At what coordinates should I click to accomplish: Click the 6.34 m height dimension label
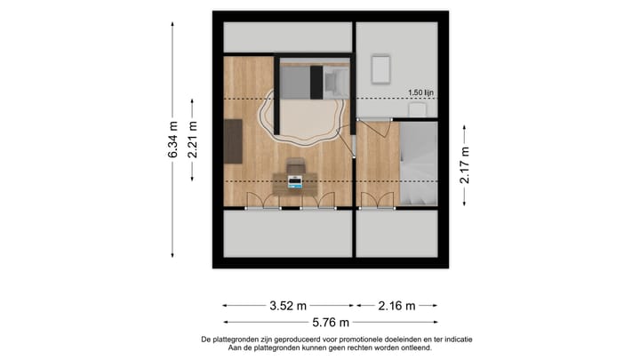pyautogui.click(x=173, y=140)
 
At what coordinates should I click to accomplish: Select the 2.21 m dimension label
pyautogui.click(x=193, y=140)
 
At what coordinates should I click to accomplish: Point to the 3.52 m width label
pyautogui.click(x=289, y=306)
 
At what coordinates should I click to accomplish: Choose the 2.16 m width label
pyautogui.click(x=396, y=306)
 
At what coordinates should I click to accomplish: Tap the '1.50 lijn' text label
pyautogui.click(x=421, y=92)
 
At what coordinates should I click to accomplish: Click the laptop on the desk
pyautogui.click(x=295, y=183)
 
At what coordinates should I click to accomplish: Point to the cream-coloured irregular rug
pyautogui.click(x=302, y=123)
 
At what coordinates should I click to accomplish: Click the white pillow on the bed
pyautogui.click(x=336, y=83)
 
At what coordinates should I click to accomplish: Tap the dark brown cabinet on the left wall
pyautogui.click(x=234, y=141)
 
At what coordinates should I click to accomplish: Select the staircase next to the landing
pyautogui.click(x=418, y=164)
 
